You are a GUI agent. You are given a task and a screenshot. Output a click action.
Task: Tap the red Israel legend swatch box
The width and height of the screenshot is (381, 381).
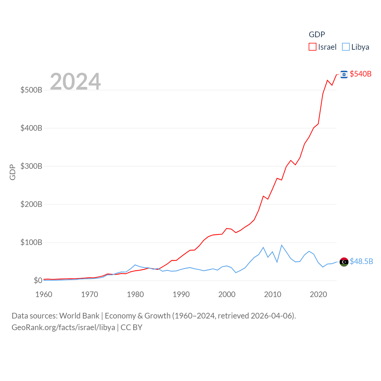[313, 47]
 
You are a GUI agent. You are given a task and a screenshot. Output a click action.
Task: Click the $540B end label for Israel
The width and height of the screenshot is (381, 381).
[360, 74]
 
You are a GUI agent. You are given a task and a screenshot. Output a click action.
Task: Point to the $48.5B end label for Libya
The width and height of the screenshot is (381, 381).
[361, 261]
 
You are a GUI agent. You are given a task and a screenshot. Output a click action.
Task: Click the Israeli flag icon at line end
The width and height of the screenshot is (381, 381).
[344, 74]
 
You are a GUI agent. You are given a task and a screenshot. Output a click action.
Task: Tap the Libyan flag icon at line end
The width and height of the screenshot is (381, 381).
[344, 262]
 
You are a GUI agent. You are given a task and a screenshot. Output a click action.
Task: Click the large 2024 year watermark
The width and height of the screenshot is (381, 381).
[75, 82]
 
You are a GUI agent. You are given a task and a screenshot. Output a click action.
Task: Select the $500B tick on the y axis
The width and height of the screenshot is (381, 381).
[31, 90]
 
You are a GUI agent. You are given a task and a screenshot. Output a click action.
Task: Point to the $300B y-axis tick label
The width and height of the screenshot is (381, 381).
[31, 166]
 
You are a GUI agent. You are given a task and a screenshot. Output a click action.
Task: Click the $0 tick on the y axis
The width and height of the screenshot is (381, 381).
[38, 280]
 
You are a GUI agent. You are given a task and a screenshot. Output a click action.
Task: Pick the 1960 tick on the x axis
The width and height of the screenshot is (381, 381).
[44, 294]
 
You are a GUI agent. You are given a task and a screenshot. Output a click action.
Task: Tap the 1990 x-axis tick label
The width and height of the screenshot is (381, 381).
[181, 294]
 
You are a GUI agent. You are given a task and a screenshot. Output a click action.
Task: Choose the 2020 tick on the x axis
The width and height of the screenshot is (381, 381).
[318, 294]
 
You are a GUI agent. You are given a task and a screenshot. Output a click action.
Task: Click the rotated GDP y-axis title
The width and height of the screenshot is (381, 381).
[13, 172]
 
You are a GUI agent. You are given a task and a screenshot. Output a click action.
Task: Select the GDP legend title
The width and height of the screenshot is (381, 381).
[317, 35]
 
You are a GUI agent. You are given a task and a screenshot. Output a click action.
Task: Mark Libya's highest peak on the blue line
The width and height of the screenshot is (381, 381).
[282, 245]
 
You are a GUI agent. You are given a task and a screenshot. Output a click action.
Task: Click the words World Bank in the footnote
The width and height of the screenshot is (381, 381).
[79, 316]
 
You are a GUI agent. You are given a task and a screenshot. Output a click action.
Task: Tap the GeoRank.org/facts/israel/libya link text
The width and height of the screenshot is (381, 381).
[63, 327]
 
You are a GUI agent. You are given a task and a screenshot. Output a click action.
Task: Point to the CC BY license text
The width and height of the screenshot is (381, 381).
[131, 327]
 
